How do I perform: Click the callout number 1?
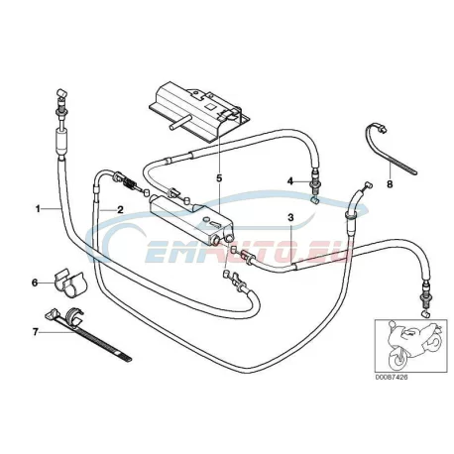coord(38,209)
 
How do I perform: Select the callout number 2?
coord(120,209)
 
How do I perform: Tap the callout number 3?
coord(290,218)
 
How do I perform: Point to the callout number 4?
coord(290,181)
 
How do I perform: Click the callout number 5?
coord(219,178)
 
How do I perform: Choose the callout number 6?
coord(35,283)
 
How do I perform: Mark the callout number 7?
coord(36,331)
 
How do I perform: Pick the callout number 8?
coord(390,183)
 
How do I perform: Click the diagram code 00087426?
coord(392,377)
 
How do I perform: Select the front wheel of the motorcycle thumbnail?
coord(397,360)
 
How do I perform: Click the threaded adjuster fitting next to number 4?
coord(314,185)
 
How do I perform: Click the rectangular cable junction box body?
coord(191,220)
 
